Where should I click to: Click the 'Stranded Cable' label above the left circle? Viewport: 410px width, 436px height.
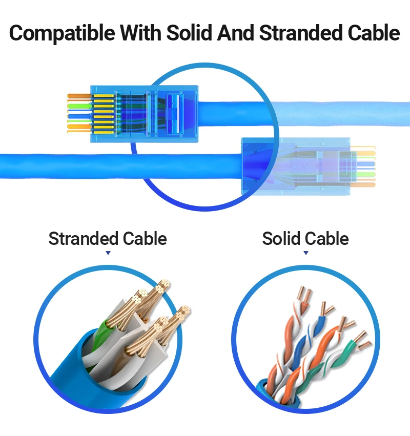pos(108,239)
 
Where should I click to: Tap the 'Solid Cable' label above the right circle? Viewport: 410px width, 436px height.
pos(305,239)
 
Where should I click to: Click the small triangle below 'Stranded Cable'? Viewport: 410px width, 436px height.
pos(108,253)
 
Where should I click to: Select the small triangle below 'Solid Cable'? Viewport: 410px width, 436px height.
pos(306,253)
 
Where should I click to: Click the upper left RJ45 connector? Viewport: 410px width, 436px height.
pos(143,113)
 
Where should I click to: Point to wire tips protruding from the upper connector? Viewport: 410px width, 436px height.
pos(79,113)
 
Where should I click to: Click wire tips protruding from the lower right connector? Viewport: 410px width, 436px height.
pos(365,165)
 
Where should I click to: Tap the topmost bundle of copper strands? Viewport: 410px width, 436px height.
pos(163,287)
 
